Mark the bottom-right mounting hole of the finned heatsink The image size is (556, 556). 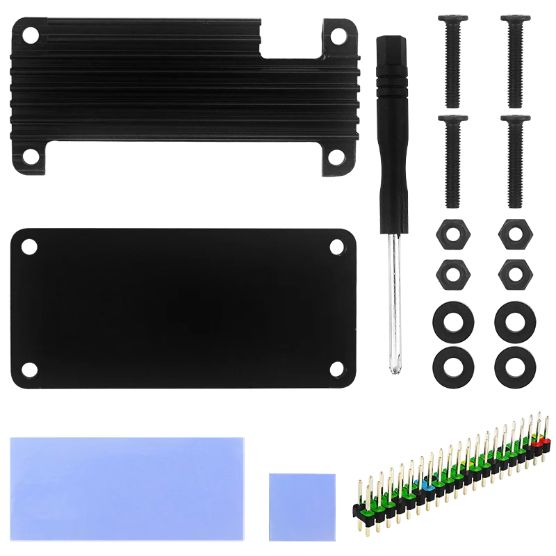click(x=336, y=156)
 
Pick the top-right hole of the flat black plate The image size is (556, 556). click(x=338, y=245)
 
